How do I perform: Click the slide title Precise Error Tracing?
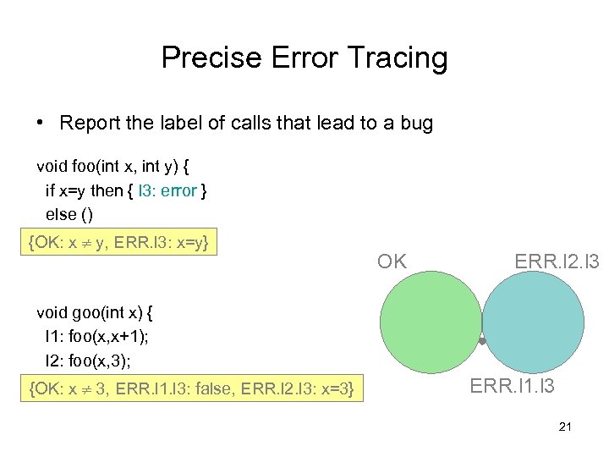(x=304, y=58)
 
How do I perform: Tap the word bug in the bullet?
(x=414, y=124)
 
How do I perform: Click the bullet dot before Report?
(x=41, y=124)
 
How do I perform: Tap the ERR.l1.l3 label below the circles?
(x=512, y=387)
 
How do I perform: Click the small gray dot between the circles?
(x=482, y=341)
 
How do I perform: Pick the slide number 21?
(x=565, y=427)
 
